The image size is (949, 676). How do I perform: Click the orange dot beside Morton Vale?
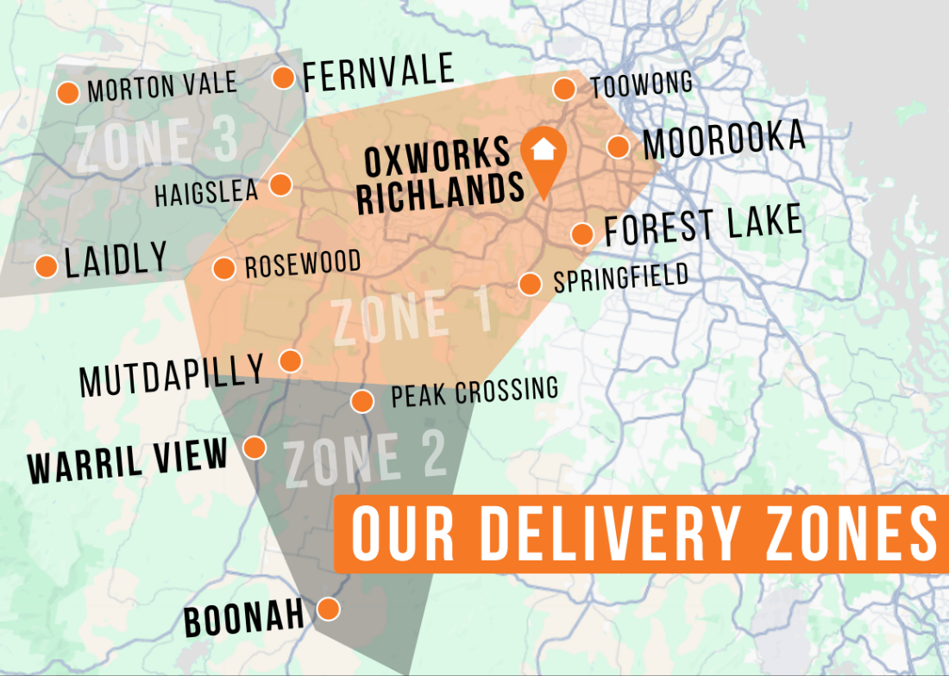point(68,92)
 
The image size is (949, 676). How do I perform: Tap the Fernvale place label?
point(378,73)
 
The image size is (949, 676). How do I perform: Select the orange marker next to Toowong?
point(564,89)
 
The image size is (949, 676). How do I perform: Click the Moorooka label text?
point(724,141)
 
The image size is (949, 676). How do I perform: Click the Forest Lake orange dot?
point(582,234)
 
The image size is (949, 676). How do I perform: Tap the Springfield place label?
point(620,279)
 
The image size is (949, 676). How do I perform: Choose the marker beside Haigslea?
point(280,185)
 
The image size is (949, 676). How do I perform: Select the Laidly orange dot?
point(47,266)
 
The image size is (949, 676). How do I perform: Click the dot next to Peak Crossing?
point(362,401)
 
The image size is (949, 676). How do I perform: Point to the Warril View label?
point(128,461)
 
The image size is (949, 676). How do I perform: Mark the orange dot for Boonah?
point(328,609)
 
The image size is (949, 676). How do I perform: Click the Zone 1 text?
point(412,316)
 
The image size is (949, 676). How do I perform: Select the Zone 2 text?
point(365,460)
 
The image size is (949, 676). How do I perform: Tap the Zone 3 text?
point(156,143)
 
